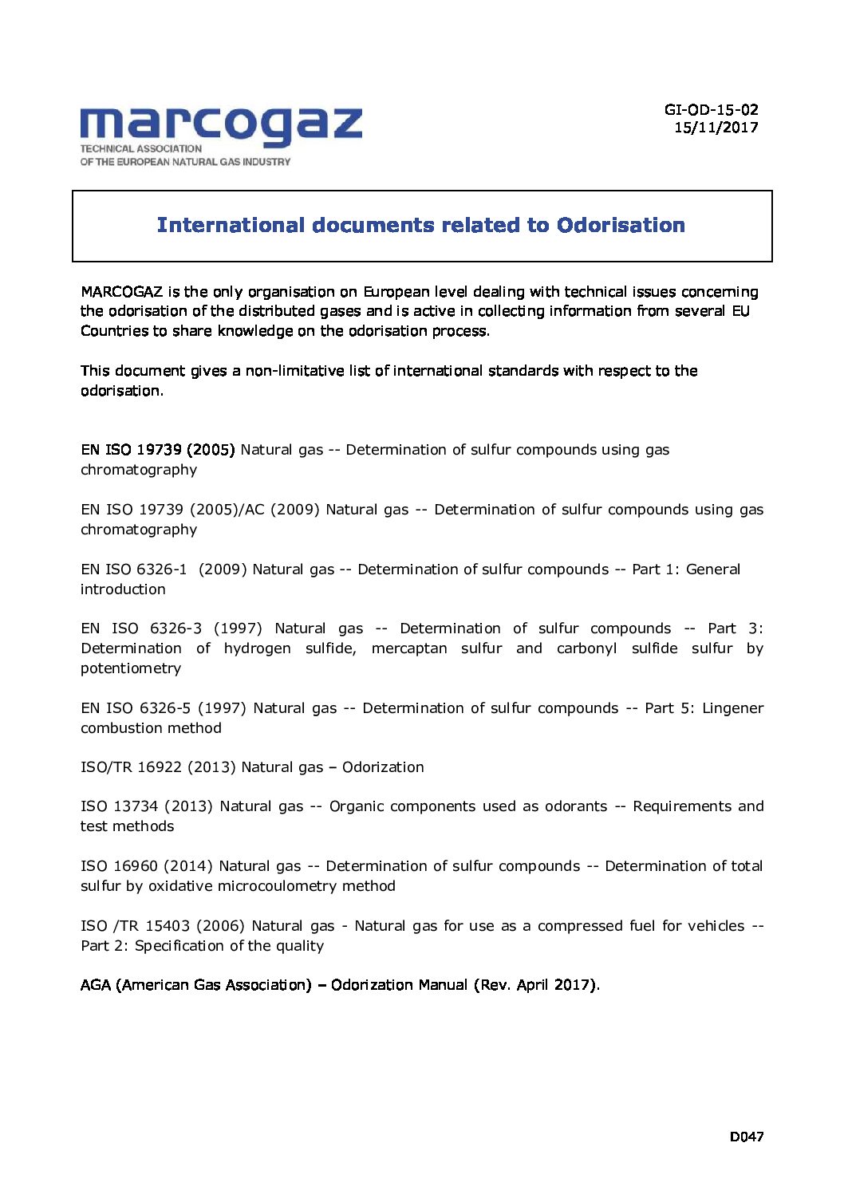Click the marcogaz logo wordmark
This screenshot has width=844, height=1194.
[x=221, y=126]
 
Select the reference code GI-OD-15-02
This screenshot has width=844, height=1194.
[x=711, y=110]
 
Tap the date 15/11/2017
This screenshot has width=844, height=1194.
[x=716, y=128]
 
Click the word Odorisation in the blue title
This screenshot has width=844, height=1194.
[x=621, y=226]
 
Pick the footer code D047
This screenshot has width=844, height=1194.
[x=747, y=1137]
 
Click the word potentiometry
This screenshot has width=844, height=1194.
[x=131, y=668]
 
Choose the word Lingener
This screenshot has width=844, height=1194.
[x=732, y=708]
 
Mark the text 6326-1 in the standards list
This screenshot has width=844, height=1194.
[x=162, y=569]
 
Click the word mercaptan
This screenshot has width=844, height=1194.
[x=409, y=648]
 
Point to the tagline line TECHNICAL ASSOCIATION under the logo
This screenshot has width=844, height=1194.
[x=141, y=148]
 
